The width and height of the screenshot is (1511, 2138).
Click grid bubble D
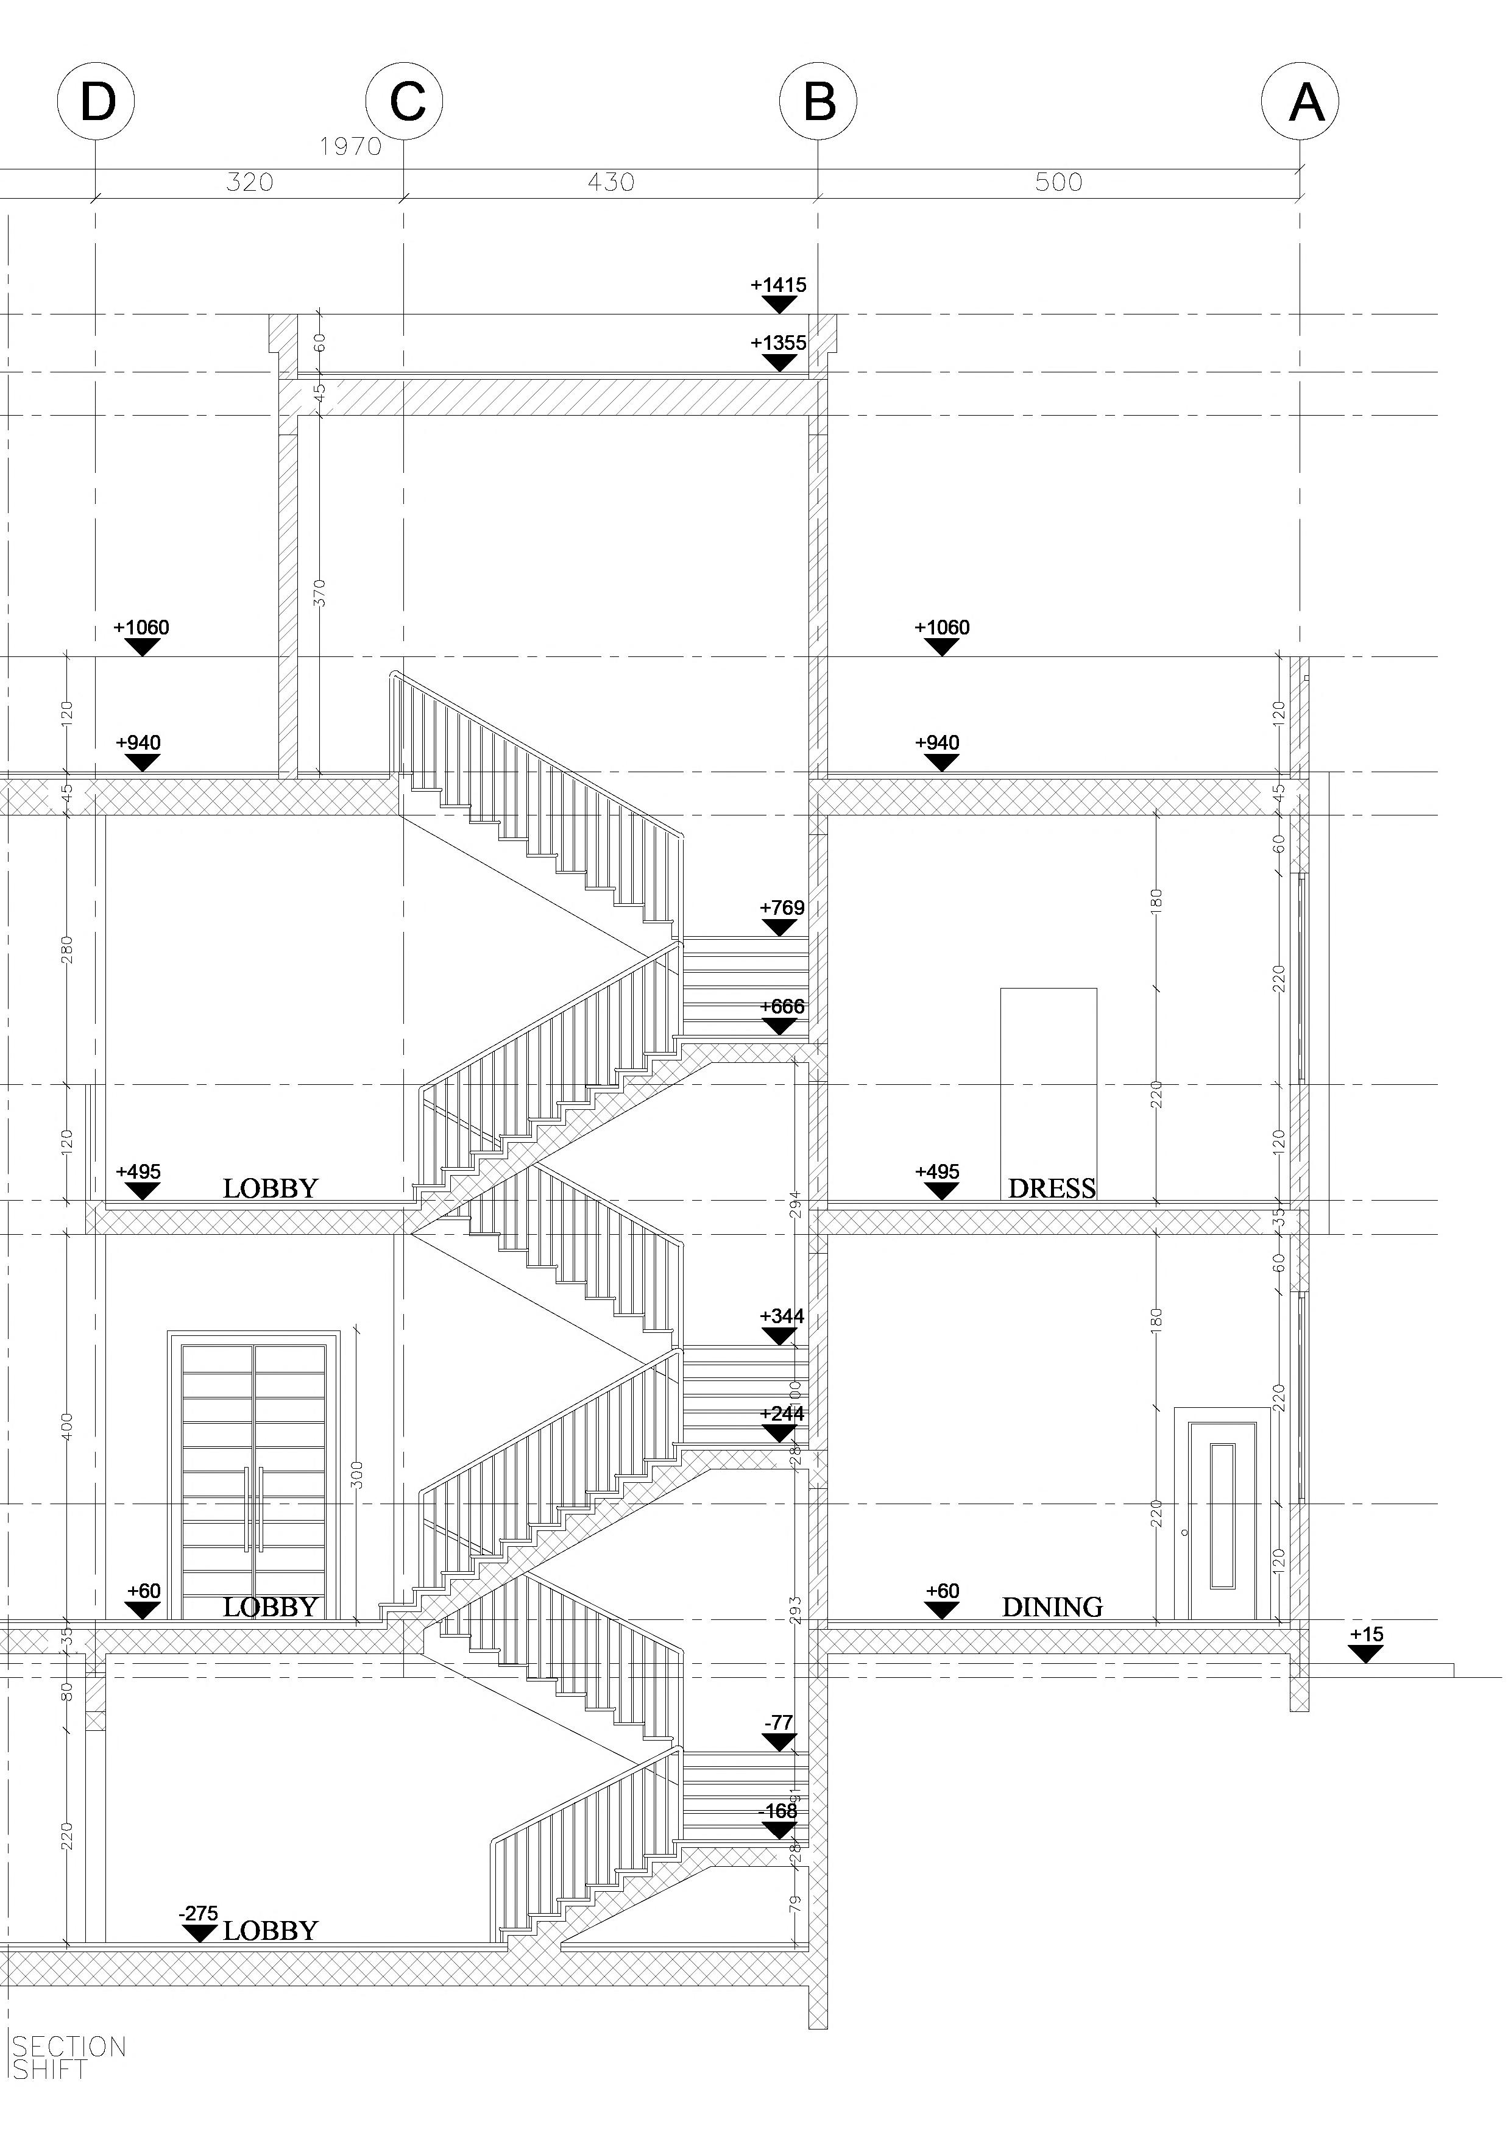pos(96,102)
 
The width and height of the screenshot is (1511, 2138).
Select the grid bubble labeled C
pos(404,102)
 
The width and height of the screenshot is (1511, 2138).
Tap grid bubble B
pos(818,102)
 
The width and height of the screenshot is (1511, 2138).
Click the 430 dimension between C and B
pos(610,182)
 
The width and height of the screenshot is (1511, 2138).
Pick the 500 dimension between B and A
pos(1058,182)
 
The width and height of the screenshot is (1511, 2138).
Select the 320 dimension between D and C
pos(250,182)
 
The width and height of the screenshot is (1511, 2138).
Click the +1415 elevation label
pos(778,285)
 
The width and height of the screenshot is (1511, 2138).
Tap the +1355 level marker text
pos(778,343)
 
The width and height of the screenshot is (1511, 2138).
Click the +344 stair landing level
pos(782,1316)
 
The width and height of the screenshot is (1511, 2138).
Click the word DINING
pos(1052,1607)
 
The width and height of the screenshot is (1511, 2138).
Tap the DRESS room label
pos(1052,1188)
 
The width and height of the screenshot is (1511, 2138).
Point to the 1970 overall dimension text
pos(351,146)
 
